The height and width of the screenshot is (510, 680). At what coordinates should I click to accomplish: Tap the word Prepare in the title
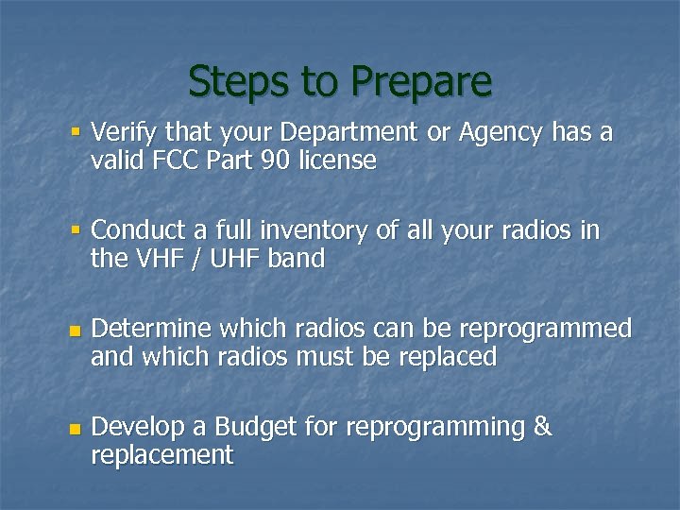[x=421, y=83]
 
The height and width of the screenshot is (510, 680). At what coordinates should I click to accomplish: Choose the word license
[x=337, y=161]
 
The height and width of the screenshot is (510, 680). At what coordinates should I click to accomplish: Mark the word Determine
[x=152, y=329]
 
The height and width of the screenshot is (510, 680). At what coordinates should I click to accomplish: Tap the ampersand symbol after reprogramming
[x=542, y=427]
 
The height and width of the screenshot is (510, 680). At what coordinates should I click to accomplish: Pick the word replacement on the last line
[x=161, y=455]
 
